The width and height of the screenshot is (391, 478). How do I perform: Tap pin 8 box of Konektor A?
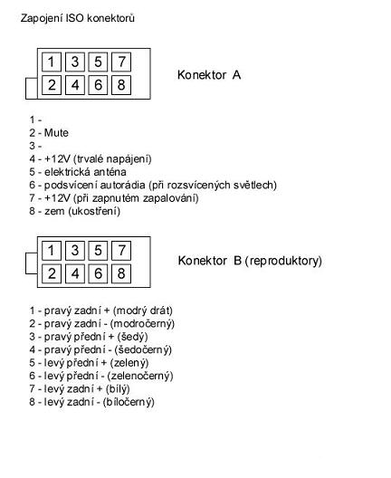coord(120,85)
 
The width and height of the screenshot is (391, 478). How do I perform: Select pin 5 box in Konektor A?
coord(98,62)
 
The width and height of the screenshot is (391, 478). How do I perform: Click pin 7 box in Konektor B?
coord(120,250)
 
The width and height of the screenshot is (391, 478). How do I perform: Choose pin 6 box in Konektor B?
coord(98,272)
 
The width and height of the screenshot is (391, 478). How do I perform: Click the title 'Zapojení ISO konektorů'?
coord(78,18)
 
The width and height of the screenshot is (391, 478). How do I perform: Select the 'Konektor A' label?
coord(209,75)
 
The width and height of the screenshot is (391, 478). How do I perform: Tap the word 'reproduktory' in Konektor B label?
coord(283,261)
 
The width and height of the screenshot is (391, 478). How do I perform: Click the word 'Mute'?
coord(56,132)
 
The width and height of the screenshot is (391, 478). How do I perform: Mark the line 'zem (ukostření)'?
coord(78,211)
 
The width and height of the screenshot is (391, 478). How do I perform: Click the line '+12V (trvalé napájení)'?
coord(92,158)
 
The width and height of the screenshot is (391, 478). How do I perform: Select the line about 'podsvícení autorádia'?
coord(153,185)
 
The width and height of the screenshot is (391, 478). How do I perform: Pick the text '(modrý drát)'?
coord(143,311)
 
